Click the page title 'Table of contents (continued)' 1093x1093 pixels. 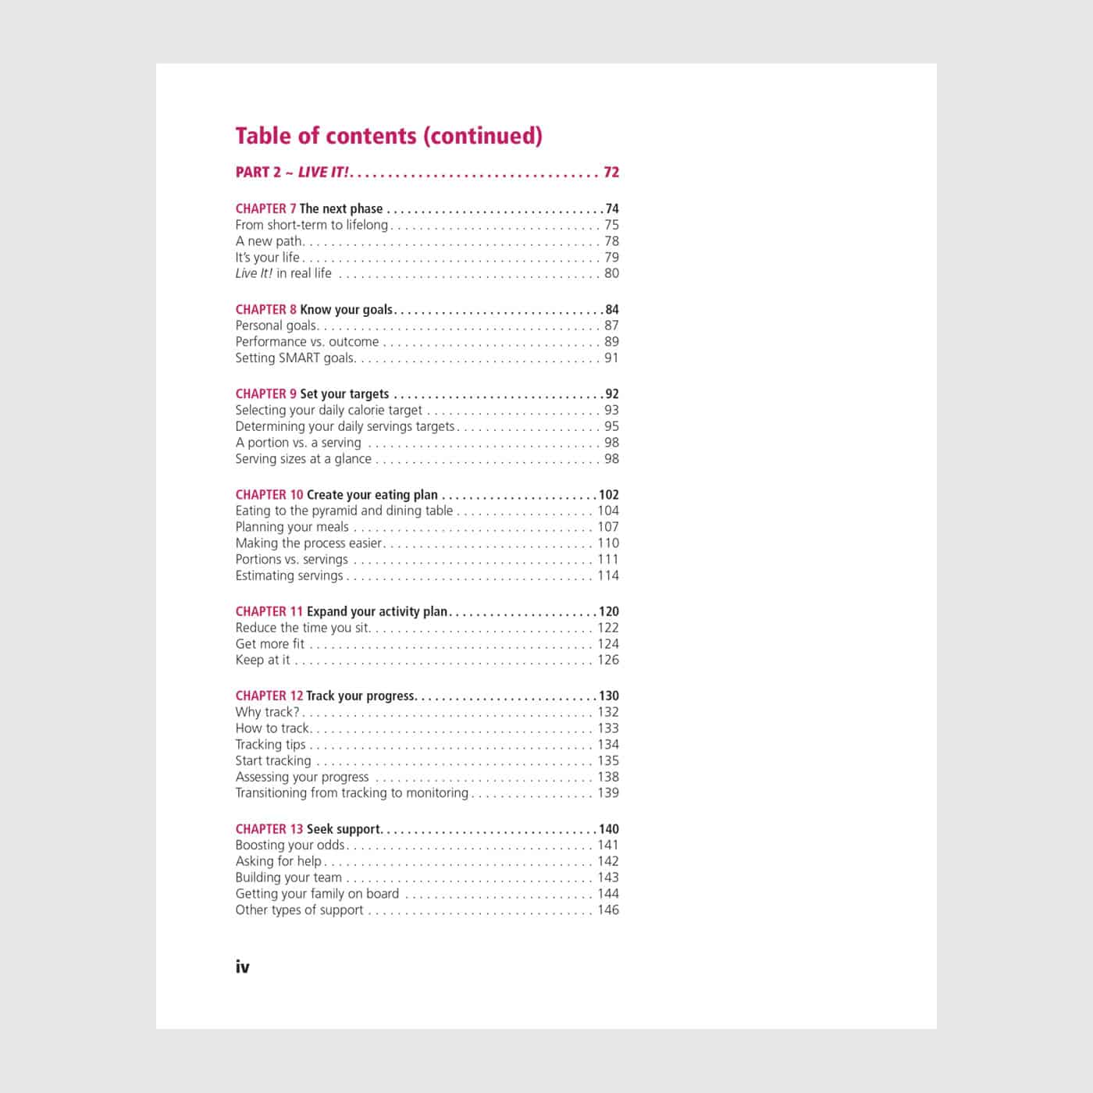389,136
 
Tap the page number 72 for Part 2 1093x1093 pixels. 611,173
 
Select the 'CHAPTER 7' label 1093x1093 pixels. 265,208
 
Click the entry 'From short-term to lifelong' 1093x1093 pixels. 312,225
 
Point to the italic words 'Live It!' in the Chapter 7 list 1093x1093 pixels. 254,273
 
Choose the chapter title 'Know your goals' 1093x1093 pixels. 346,309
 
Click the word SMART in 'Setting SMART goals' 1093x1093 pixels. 299,358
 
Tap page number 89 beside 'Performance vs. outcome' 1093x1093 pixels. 611,341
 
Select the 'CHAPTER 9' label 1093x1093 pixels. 265,393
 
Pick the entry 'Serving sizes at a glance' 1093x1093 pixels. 303,458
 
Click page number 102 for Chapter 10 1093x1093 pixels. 608,494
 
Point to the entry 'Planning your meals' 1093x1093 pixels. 292,527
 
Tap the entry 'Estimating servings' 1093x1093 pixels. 289,575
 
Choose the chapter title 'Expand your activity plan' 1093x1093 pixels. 377,611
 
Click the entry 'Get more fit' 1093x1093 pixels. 270,644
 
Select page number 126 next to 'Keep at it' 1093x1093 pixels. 608,660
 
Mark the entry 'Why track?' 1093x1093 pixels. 267,712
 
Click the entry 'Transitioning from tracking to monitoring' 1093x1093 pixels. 351,792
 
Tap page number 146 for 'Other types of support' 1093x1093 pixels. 608,910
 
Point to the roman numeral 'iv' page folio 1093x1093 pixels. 242,967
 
